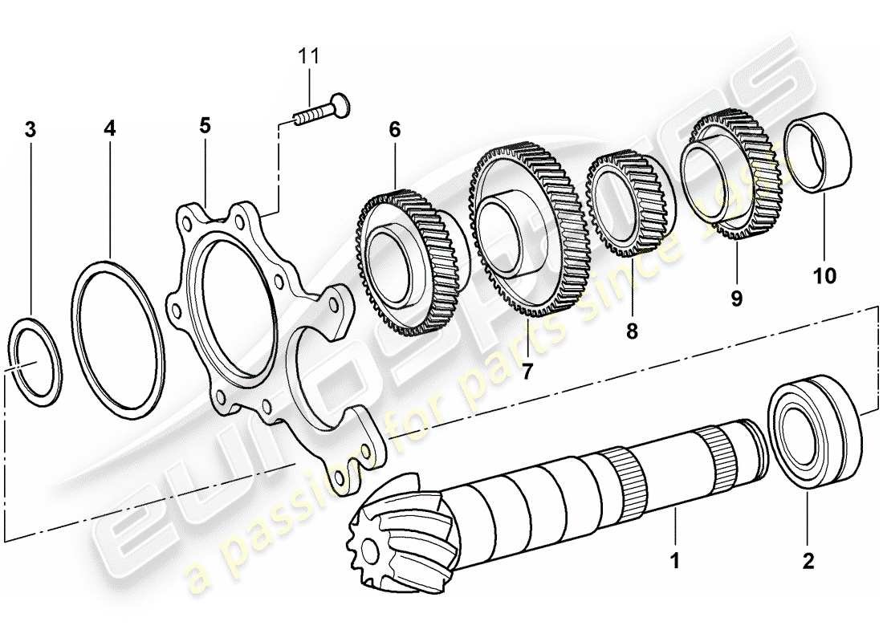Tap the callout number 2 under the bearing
[808, 560]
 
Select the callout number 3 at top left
[31, 129]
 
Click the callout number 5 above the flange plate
[205, 125]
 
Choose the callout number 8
[632, 330]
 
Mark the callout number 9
[736, 299]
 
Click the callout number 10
[824, 276]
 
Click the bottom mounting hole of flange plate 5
[346, 477]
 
